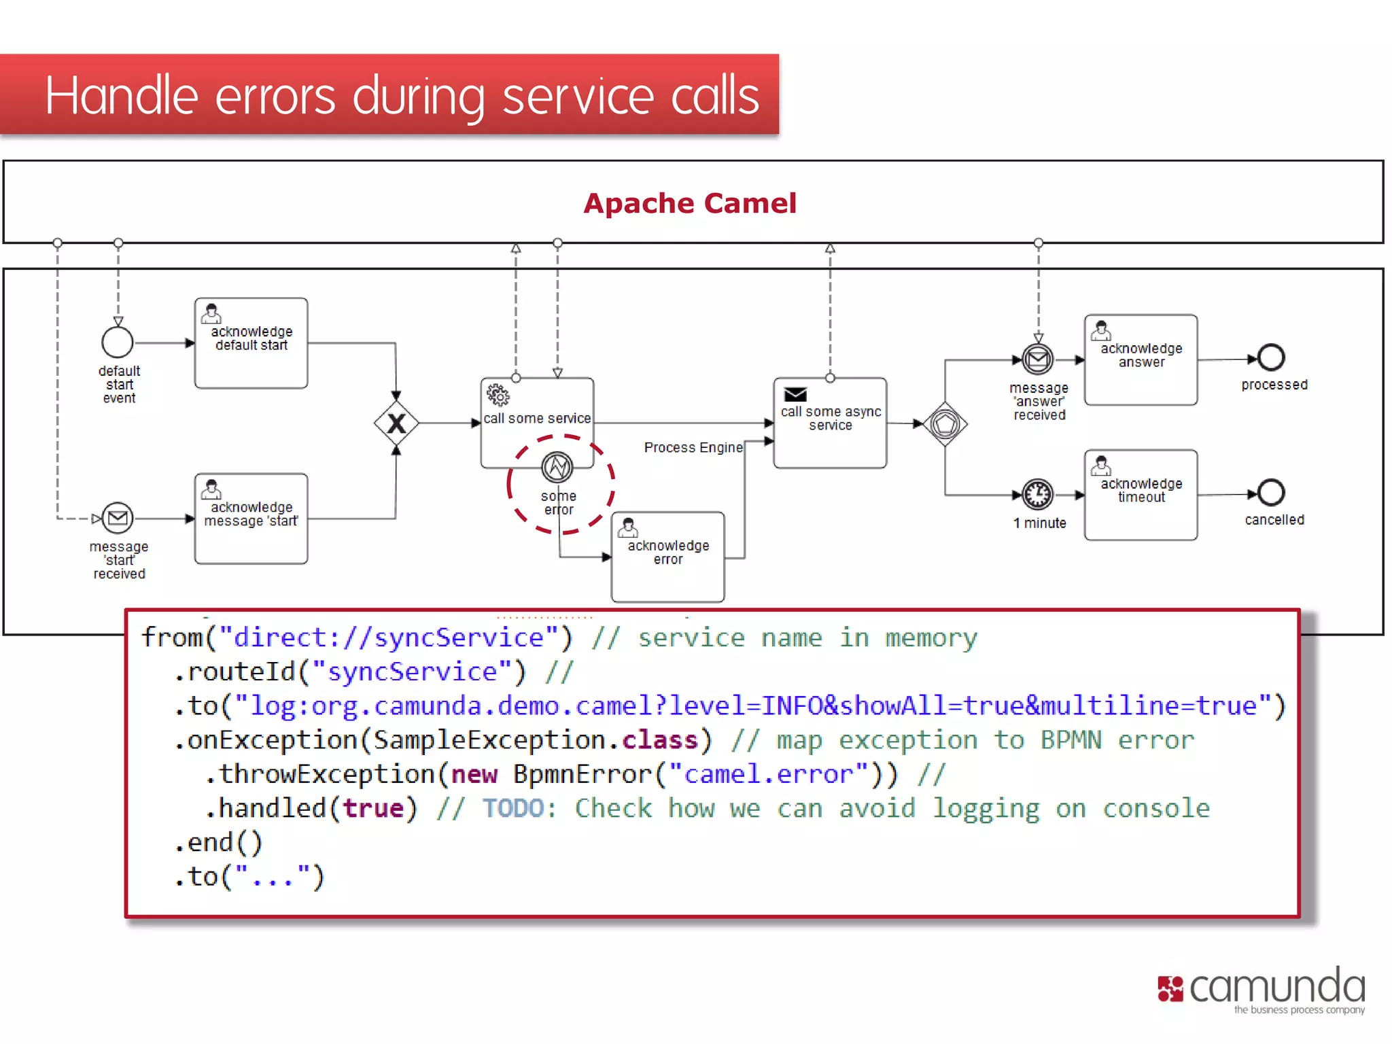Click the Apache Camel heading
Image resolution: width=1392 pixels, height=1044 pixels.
click(x=689, y=203)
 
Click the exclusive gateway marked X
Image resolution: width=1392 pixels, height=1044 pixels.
click(x=396, y=423)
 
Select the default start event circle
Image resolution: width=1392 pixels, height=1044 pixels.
click(x=118, y=342)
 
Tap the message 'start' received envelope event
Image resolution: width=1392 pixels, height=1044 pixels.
click(x=118, y=519)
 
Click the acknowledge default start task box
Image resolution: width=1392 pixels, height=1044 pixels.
click(x=251, y=343)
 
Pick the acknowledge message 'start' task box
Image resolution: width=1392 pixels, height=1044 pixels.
click(x=251, y=519)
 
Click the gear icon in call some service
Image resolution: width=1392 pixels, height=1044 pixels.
click(x=498, y=394)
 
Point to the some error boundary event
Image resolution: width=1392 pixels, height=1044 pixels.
click(x=557, y=468)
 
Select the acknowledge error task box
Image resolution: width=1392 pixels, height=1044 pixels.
click(x=667, y=557)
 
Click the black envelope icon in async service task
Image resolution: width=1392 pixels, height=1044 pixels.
click(x=795, y=394)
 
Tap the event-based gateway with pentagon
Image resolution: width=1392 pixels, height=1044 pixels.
click(x=945, y=424)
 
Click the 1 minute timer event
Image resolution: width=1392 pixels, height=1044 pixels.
click(x=1038, y=495)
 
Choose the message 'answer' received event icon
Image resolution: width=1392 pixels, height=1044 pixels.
click(x=1038, y=360)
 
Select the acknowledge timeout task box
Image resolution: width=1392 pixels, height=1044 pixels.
click(x=1141, y=495)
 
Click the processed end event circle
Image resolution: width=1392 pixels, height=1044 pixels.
click(x=1270, y=358)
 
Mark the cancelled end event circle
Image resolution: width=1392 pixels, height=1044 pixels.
click(x=1270, y=493)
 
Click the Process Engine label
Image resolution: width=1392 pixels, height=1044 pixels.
click(x=693, y=447)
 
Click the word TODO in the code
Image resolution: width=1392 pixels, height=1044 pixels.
click(x=513, y=808)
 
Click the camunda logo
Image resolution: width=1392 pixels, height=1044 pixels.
click(x=1261, y=990)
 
